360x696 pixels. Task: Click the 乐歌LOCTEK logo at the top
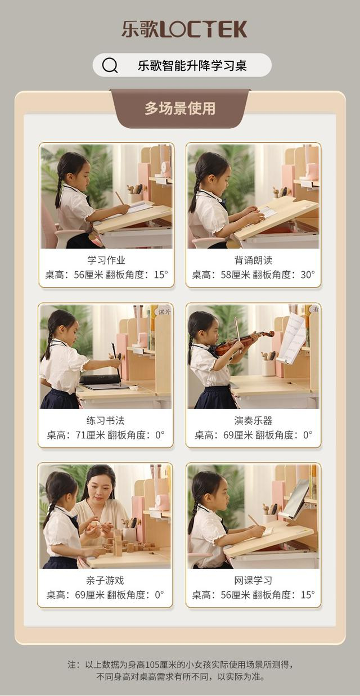pos(184,29)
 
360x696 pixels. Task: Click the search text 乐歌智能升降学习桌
pos(192,66)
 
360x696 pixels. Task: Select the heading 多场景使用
pos(180,108)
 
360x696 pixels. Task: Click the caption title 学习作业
pos(106,260)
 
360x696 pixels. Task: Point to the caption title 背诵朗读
pos(253,260)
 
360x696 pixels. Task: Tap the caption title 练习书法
pos(105,420)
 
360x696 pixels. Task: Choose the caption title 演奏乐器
pos(253,420)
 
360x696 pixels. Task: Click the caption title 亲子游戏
pos(105,580)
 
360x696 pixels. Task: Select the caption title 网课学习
pos(253,580)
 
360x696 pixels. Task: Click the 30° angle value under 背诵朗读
pos(308,275)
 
